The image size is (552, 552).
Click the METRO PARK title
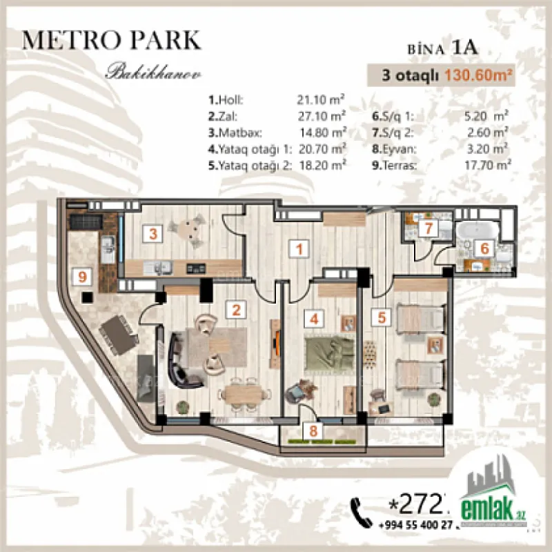pyautogui.click(x=112, y=39)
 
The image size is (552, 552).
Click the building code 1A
pyautogui.click(x=466, y=48)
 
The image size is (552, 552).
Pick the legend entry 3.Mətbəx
pyautogui.click(x=238, y=132)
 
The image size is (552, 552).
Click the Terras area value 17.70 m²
pyautogui.click(x=487, y=165)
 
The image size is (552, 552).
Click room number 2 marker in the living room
pyautogui.click(x=237, y=310)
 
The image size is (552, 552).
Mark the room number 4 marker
pyautogui.click(x=314, y=319)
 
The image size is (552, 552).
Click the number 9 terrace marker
pyautogui.click(x=83, y=277)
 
